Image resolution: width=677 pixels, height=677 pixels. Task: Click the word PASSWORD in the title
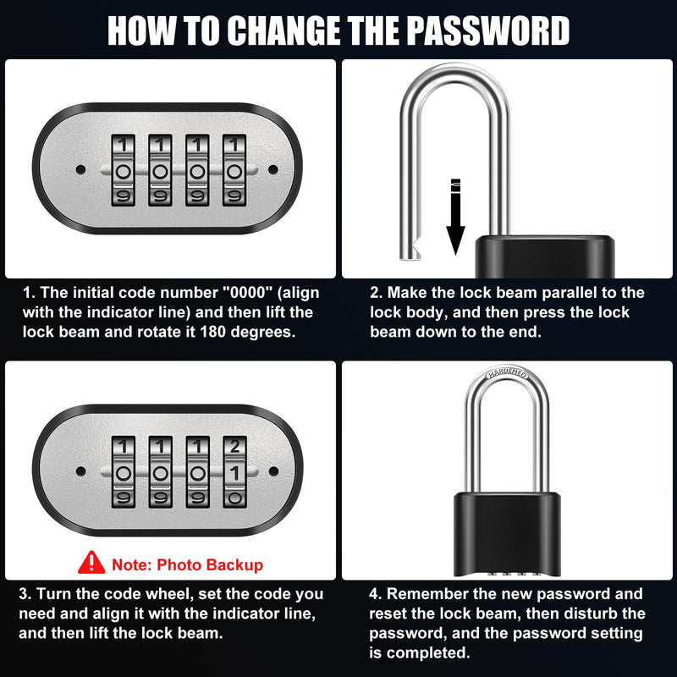488,30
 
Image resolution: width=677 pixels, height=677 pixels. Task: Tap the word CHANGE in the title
284,30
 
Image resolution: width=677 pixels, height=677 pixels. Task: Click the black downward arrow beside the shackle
455,217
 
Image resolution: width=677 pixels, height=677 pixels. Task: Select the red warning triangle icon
91,562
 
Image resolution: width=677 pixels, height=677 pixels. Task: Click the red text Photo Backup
210,564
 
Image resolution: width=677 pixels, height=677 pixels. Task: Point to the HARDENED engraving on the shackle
507,374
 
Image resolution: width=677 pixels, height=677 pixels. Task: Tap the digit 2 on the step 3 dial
235,447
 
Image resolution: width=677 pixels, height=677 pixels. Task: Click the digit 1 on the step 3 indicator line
235,473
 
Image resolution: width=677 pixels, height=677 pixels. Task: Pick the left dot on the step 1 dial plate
80,169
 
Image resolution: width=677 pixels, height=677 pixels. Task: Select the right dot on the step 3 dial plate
273,471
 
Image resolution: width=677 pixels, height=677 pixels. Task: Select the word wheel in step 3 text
167,594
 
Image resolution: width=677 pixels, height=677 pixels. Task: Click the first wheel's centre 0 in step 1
123,172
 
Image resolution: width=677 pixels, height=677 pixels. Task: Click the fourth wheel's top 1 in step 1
234,145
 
